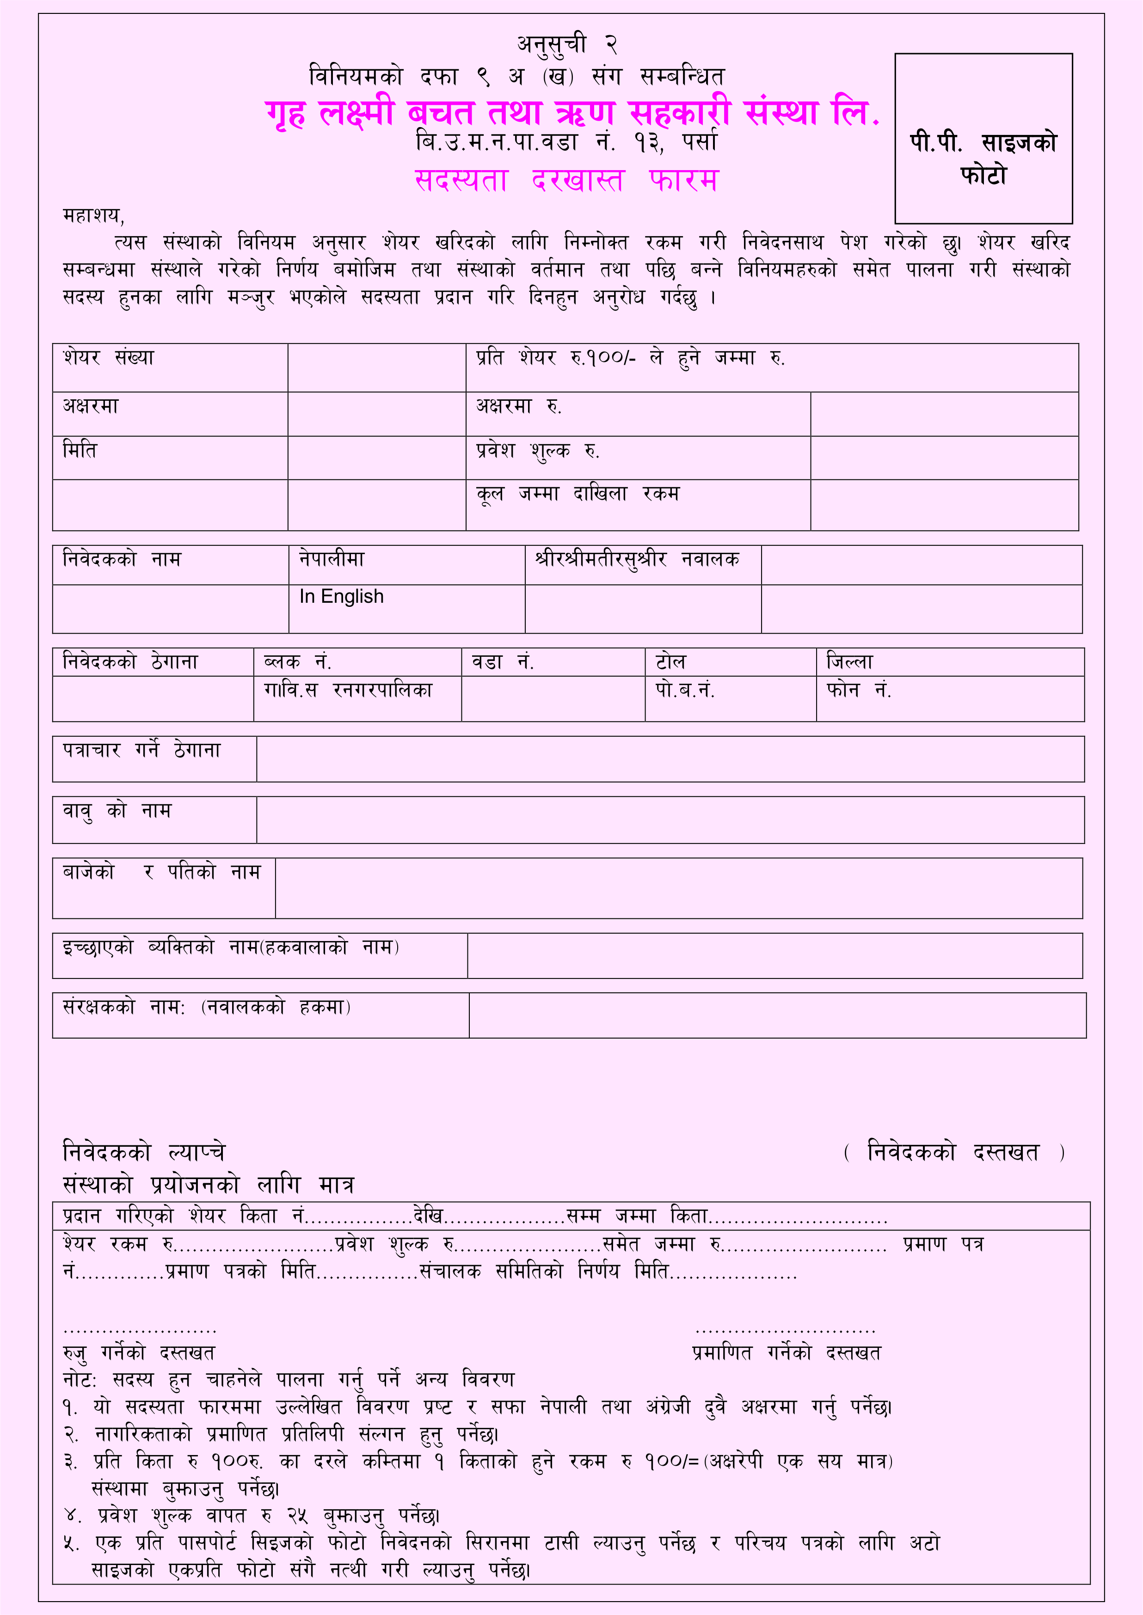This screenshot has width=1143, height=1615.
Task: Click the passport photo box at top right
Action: pyautogui.click(x=983, y=139)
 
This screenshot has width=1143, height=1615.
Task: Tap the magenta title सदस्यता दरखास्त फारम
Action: pyautogui.click(x=566, y=180)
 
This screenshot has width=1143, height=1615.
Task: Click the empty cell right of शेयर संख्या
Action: pyautogui.click(x=376, y=367)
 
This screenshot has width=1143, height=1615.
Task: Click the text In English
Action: pyautogui.click(x=341, y=596)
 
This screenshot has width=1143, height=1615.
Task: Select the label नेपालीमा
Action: pyautogui.click(x=332, y=559)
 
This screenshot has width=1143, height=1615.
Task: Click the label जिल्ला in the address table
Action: pyautogui.click(x=849, y=662)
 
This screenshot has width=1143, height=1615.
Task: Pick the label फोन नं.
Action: pyautogui.click(x=859, y=691)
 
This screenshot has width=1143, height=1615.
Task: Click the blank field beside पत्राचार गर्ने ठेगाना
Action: pyautogui.click(x=670, y=759)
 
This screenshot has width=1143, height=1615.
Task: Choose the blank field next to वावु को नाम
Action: pyautogui.click(x=670, y=820)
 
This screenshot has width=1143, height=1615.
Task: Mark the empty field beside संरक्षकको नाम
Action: pyautogui.click(x=777, y=1015)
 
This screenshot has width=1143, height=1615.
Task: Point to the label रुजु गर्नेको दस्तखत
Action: pyautogui.click(x=139, y=1352)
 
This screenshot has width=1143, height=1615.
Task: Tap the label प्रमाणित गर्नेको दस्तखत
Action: pyautogui.click(x=786, y=1352)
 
